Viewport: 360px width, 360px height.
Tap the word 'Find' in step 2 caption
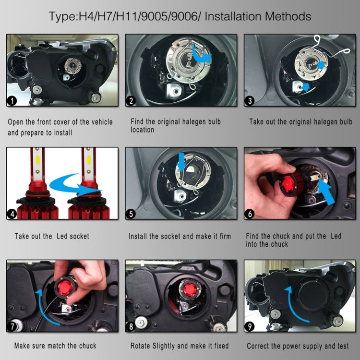point(139,122)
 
